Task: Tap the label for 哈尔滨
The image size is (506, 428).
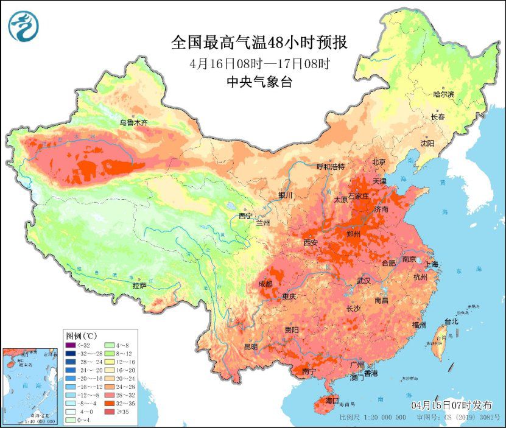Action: pyautogui.click(x=444, y=94)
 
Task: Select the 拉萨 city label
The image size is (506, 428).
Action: pyautogui.click(x=139, y=285)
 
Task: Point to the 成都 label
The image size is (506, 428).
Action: pyautogui.click(x=266, y=284)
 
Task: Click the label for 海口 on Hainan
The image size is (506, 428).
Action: pyautogui.click(x=331, y=401)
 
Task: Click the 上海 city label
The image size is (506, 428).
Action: pyautogui.click(x=431, y=264)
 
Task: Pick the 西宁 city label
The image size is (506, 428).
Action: pyautogui.click(x=245, y=216)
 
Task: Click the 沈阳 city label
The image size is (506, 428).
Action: pyautogui.click(x=427, y=143)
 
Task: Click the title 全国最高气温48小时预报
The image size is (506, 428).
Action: pyautogui.click(x=259, y=43)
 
